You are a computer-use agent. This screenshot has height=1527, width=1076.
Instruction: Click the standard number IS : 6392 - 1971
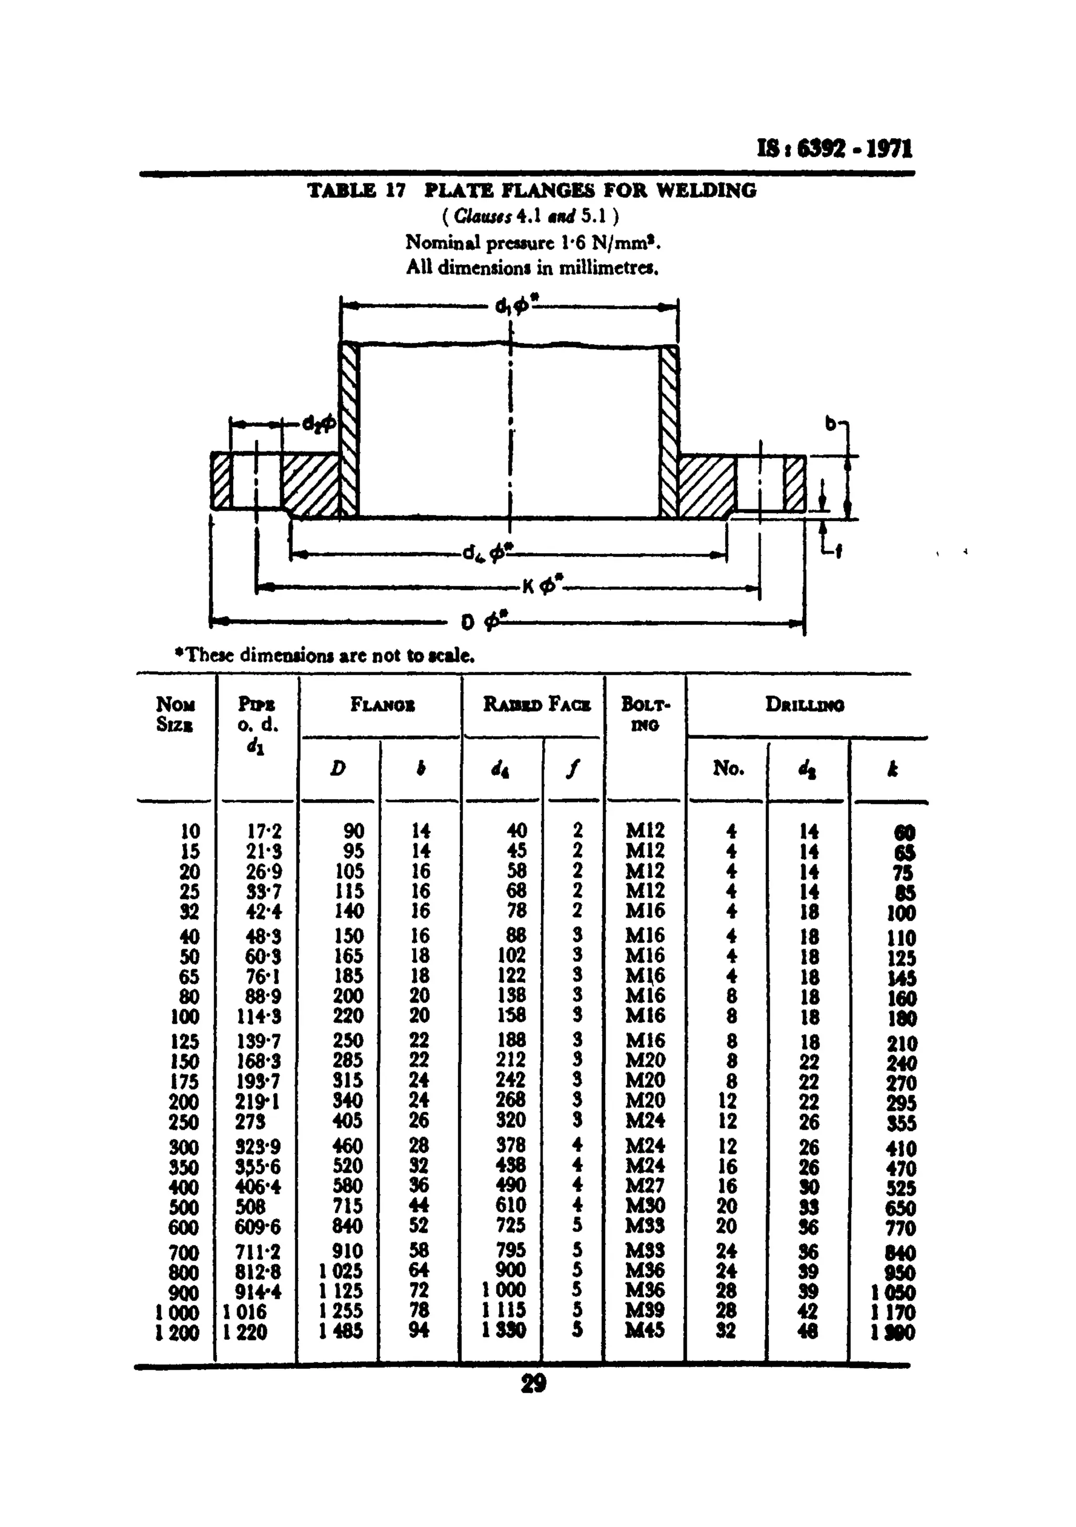(x=835, y=148)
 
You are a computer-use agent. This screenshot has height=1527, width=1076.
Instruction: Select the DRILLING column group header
(x=805, y=704)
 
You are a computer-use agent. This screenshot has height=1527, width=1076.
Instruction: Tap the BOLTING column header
(x=645, y=713)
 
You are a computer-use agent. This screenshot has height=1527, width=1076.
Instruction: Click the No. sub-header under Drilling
(x=728, y=768)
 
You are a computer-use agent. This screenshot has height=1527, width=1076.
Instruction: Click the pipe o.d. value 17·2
(x=264, y=831)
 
